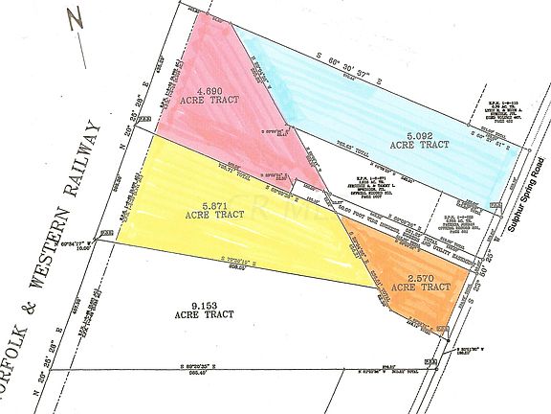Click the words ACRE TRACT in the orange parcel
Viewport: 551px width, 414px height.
[421, 287]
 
